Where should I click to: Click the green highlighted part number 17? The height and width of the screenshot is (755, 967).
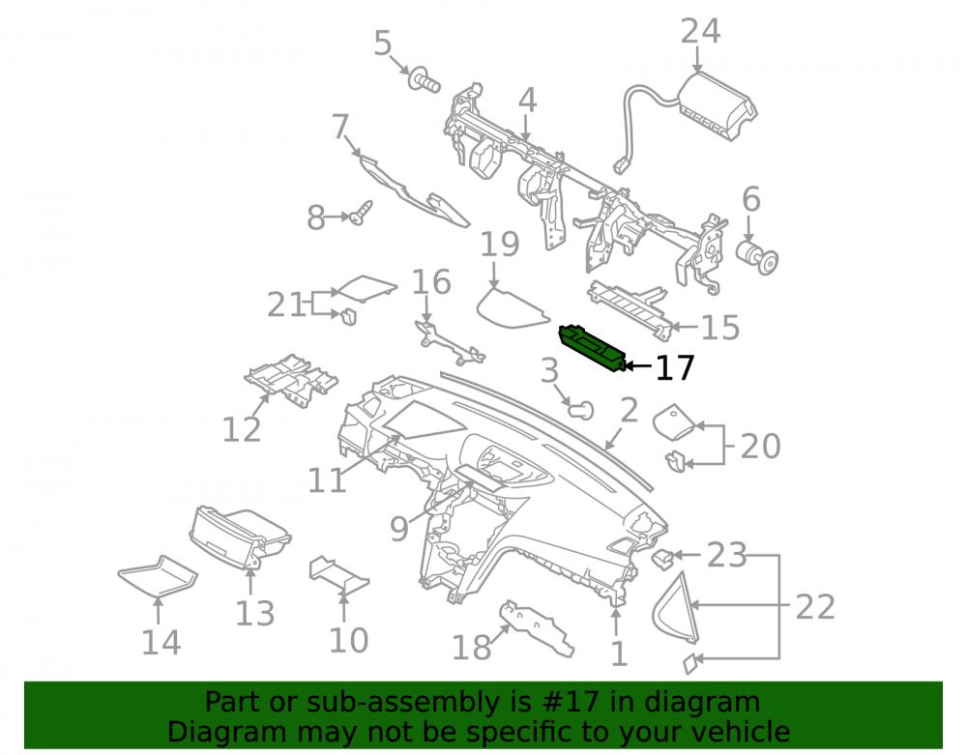click(592, 348)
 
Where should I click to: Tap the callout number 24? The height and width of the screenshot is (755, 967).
click(700, 31)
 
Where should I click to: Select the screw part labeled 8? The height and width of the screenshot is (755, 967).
click(361, 212)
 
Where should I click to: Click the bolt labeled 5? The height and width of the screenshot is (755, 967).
click(424, 79)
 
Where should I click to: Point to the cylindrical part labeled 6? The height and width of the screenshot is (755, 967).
click(757, 257)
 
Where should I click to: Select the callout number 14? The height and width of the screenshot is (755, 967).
click(161, 643)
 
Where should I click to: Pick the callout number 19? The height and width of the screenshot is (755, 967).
click(500, 245)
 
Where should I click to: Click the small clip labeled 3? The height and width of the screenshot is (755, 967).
click(580, 410)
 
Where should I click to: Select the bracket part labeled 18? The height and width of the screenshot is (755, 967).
click(537, 627)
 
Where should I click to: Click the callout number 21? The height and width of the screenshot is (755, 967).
click(286, 305)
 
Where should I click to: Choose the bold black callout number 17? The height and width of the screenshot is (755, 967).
click(675, 367)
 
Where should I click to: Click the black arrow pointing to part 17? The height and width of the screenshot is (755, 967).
click(637, 366)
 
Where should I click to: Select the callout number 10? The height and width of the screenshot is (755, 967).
click(348, 640)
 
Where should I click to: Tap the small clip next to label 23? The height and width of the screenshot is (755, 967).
click(662, 558)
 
